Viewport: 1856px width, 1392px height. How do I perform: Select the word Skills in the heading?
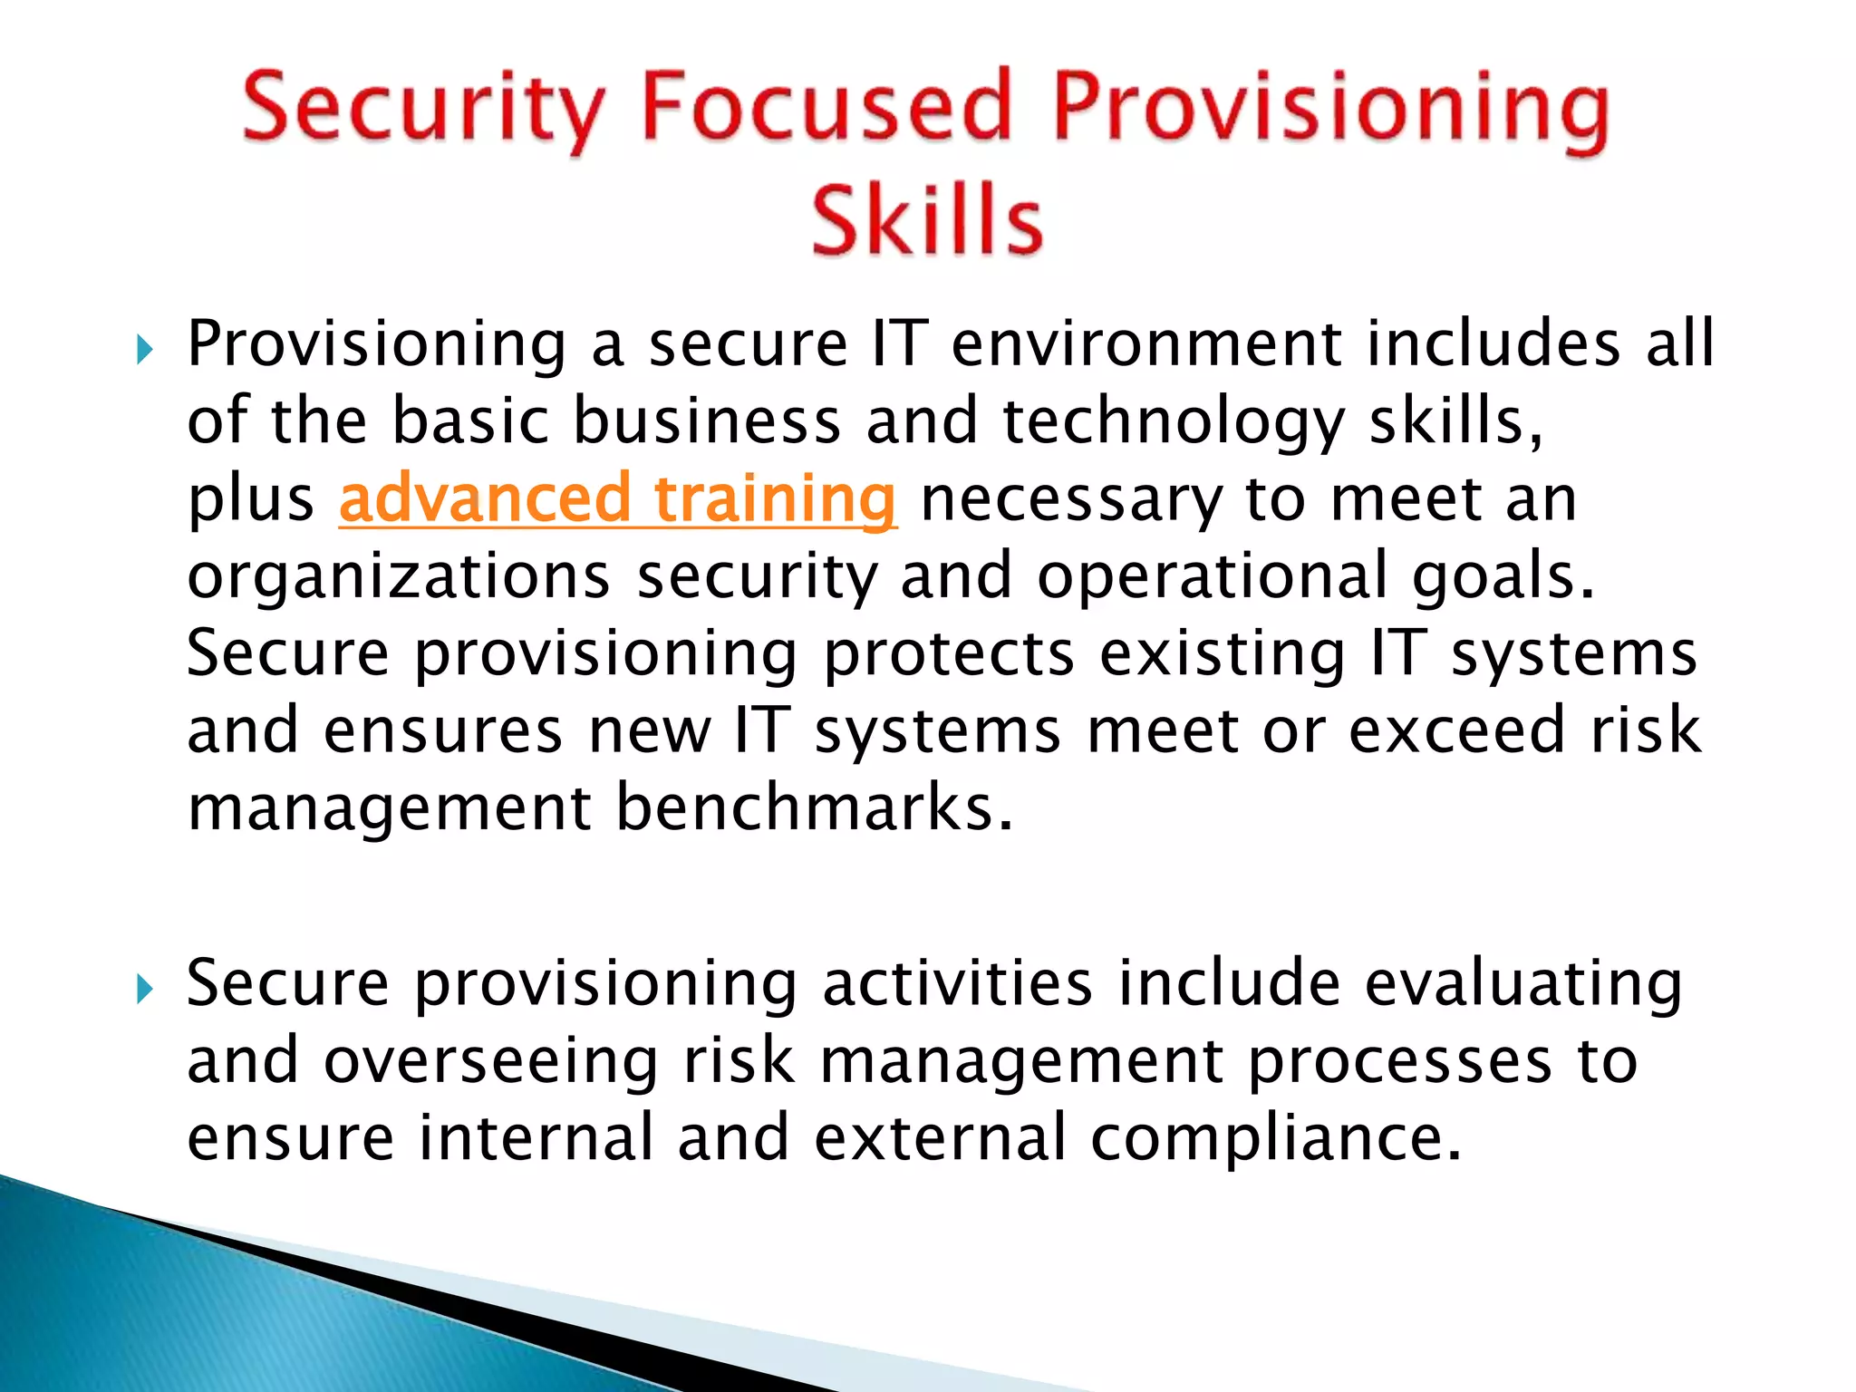(926, 220)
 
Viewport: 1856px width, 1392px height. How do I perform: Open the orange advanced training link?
(618, 499)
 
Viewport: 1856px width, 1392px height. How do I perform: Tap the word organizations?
(399, 577)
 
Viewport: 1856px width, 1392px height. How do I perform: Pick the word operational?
(1212, 576)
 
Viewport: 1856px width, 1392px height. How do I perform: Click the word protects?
(948, 653)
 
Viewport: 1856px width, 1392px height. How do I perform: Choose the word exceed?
(1456, 730)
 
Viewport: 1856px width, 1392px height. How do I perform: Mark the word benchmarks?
(814, 807)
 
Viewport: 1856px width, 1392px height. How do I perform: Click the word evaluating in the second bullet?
(1523, 984)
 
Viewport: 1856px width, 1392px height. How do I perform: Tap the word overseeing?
(490, 1061)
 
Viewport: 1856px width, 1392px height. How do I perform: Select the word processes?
(1399, 1061)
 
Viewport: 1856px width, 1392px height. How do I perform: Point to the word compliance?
(1275, 1139)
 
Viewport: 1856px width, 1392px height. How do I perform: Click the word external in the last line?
(940, 1138)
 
